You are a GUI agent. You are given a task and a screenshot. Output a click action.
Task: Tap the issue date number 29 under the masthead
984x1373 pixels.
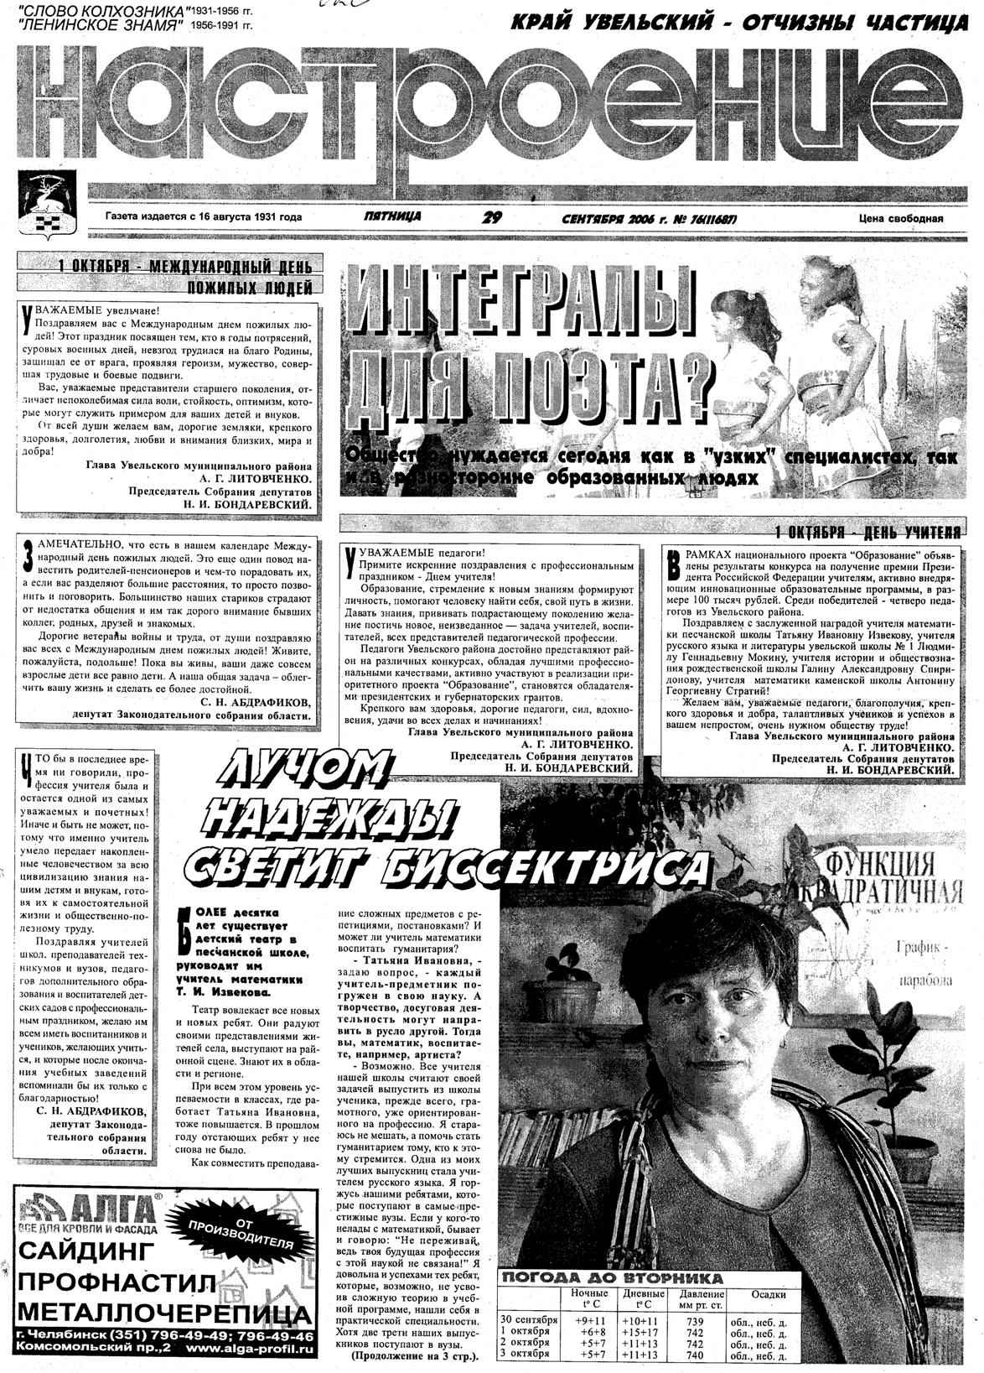point(492,217)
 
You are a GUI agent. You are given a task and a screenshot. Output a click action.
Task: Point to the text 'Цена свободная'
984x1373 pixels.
point(901,219)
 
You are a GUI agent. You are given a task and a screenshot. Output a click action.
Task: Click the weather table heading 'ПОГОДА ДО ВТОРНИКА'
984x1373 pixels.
point(611,1278)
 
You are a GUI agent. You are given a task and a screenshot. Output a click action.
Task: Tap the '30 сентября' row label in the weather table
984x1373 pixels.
point(528,1321)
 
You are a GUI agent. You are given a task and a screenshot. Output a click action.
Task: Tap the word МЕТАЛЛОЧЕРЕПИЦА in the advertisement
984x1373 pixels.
point(156,1311)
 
